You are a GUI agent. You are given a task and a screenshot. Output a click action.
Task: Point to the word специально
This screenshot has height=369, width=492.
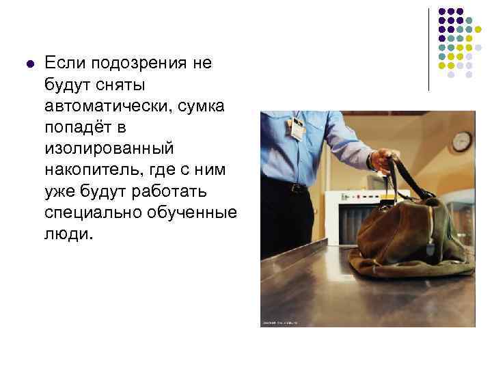pyautogui.click(x=92, y=213)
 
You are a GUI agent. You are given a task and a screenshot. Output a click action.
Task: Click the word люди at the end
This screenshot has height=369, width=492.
pyautogui.click(x=68, y=234)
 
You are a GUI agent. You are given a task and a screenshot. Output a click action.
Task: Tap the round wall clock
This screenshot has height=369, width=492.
pyautogui.click(x=462, y=141)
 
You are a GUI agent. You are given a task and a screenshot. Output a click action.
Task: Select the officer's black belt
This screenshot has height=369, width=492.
pyautogui.click(x=287, y=185)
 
